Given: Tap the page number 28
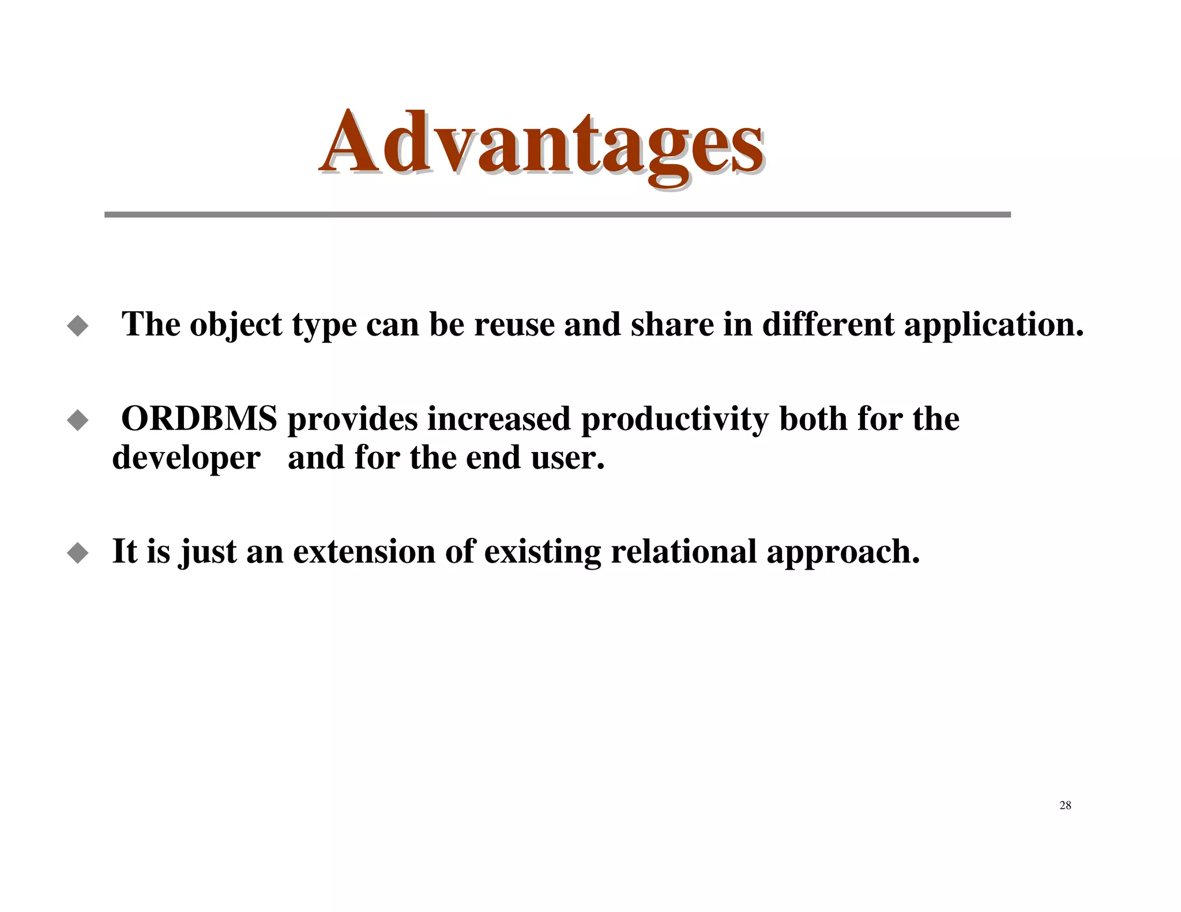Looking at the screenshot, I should pyautogui.click(x=1065, y=805).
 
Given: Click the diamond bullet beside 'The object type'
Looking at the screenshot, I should pyautogui.click(x=78, y=326).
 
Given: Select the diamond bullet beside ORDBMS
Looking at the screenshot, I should pyautogui.click(x=78, y=420).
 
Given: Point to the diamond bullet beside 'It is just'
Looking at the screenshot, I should pyautogui.click(x=78, y=553).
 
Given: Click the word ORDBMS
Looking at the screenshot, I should pyautogui.click(x=199, y=419).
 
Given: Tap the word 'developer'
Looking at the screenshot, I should pyautogui.click(x=186, y=458).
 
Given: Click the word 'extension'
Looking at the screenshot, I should pyautogui.click(x=364, y=552).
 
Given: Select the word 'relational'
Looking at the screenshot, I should pyautogui.click(x=683, y=552).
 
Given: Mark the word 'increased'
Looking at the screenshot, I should pyautogui.click(x=499, y=420).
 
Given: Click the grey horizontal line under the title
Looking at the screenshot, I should pyautogui.click(x=557, y=214).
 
